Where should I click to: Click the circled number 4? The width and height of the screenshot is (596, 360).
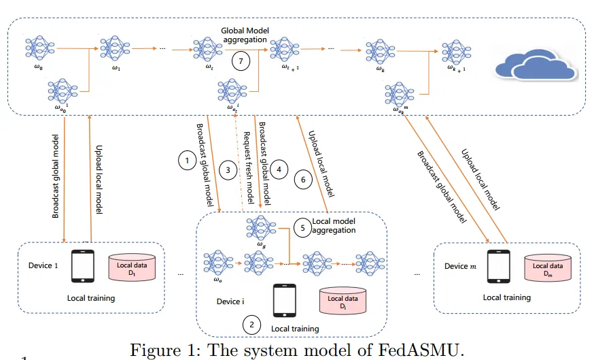click(277, 168)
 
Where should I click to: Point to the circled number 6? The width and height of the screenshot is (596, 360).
click(303, 180)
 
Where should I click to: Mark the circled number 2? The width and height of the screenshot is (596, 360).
click(252, 324)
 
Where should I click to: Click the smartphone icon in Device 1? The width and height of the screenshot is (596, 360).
click(83, 267)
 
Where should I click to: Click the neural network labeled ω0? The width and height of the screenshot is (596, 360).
click(39, 50)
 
